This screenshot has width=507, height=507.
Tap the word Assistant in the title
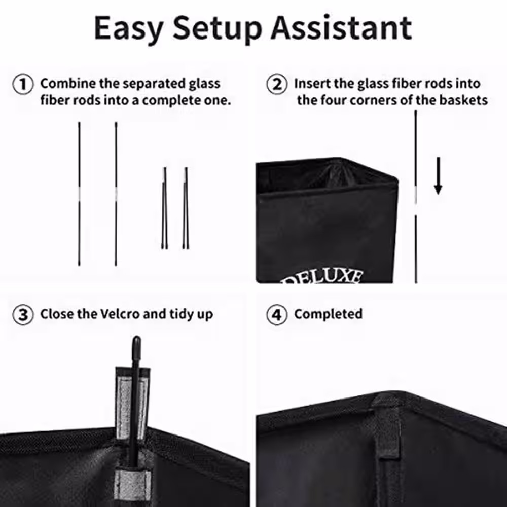click(341, 28)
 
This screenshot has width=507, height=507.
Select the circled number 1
click(23, 84)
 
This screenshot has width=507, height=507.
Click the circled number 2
click(277, 84)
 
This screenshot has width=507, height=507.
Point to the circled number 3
click(23, 315)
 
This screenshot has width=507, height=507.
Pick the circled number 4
click(277, 315)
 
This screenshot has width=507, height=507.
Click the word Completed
click(328, 315)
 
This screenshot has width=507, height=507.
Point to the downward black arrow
click(438, 176)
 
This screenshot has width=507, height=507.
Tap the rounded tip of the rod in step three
click(136, 341)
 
